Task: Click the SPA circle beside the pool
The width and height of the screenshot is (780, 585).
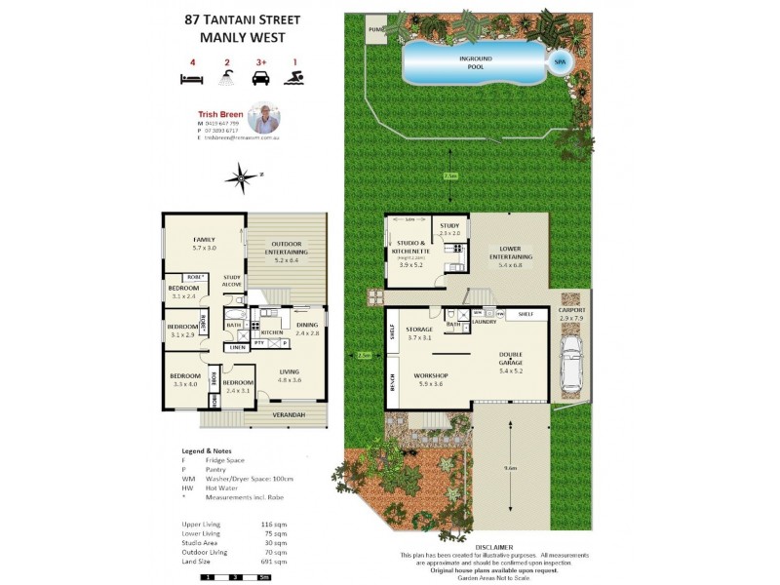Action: [560, 62]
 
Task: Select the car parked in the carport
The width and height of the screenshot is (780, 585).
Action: [573, 365]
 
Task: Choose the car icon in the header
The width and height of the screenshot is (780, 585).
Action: [259, 80]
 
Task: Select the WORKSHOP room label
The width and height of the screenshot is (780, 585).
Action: [430, 374]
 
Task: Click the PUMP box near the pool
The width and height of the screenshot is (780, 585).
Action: [376, 30]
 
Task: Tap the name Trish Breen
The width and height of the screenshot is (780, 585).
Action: [217, 113]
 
